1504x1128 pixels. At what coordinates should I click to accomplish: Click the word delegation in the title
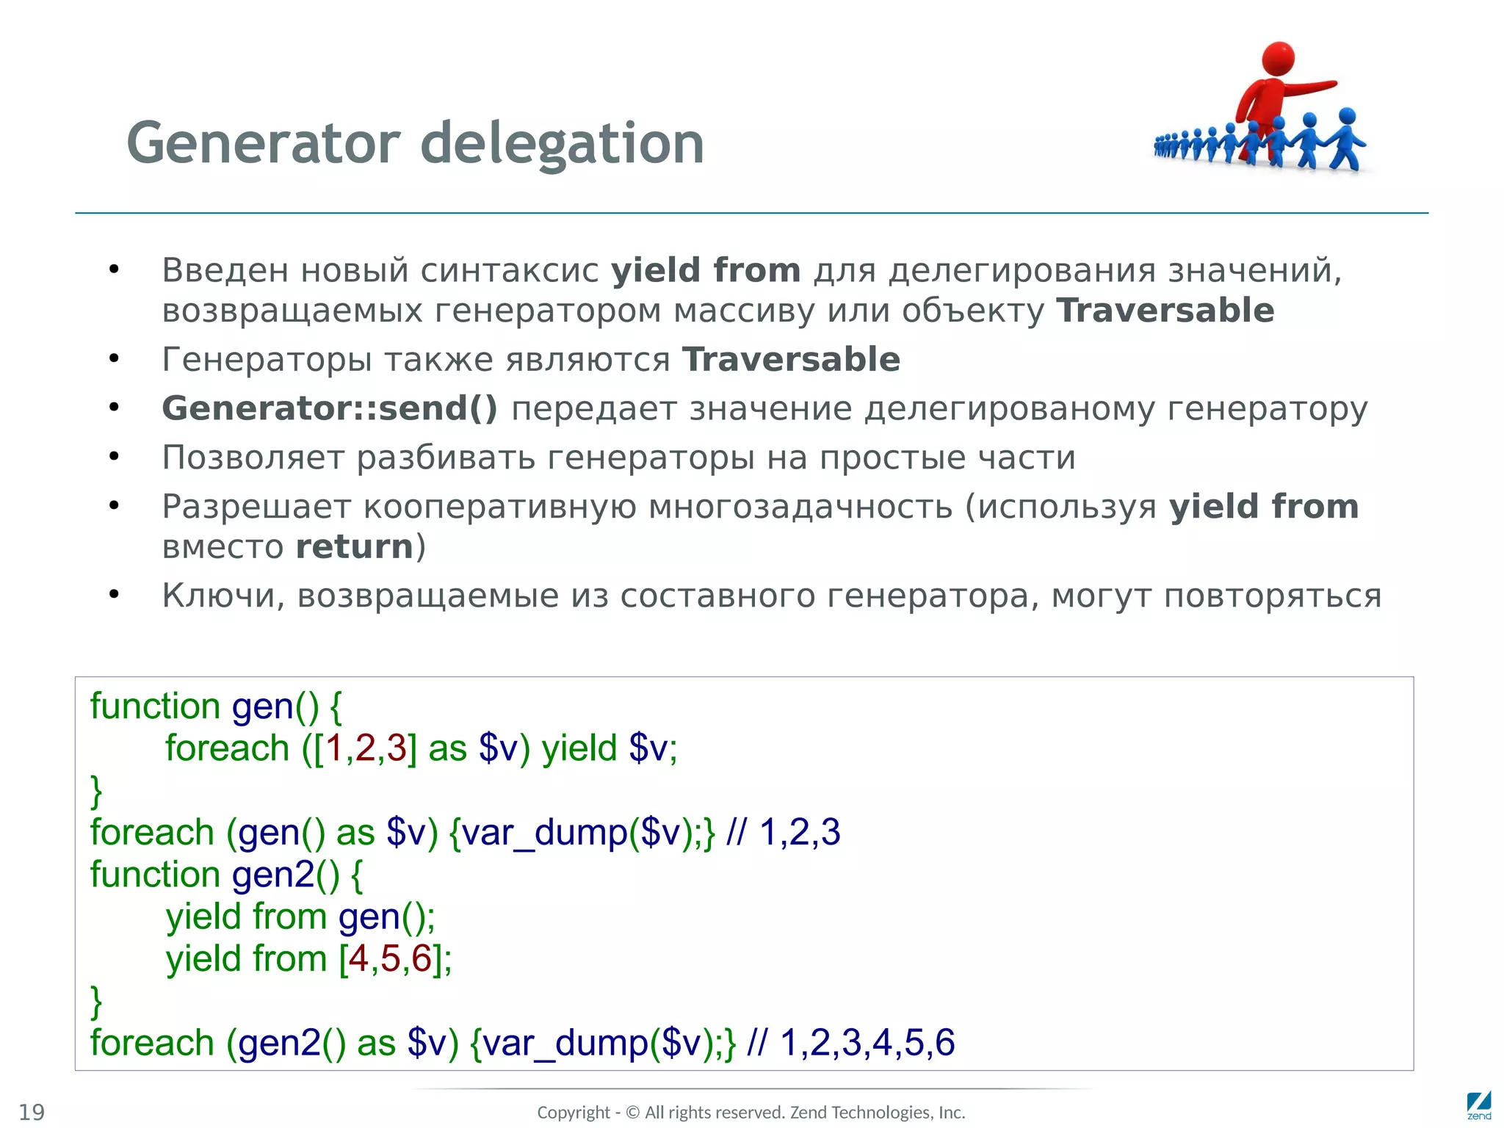click(x=562, y=143)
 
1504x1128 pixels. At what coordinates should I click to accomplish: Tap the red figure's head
click(x=1278, y=58)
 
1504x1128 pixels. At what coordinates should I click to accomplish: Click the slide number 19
click(x=32, y=1112)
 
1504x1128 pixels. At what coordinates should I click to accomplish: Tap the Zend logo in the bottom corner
click(x=1478, y=1105)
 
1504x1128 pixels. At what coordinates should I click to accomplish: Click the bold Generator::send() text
click(x=330, y=408)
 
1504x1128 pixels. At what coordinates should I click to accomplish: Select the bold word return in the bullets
click(x=355, y=547)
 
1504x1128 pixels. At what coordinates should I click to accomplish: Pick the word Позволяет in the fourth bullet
click(x=253, y=458)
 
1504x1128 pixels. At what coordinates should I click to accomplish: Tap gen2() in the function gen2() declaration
click(x=286, y=875)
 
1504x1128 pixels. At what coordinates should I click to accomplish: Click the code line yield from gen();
click(x=300, y=917)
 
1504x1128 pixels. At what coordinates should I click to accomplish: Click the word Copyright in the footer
click(x=574, y=1113)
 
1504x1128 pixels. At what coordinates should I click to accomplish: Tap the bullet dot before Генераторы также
click(x=114, y=359)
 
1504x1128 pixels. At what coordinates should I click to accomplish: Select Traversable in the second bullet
click(x=791, y=360)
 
